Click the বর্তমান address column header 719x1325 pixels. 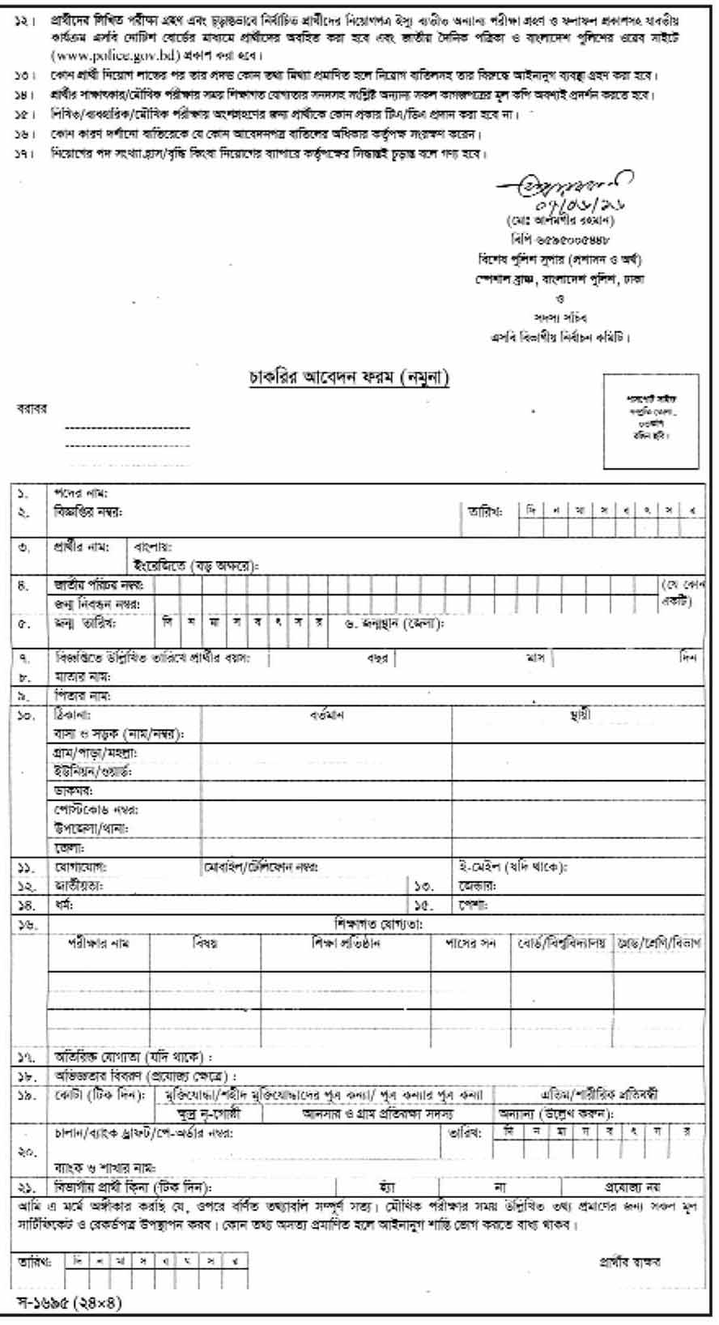tap(327, 716)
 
